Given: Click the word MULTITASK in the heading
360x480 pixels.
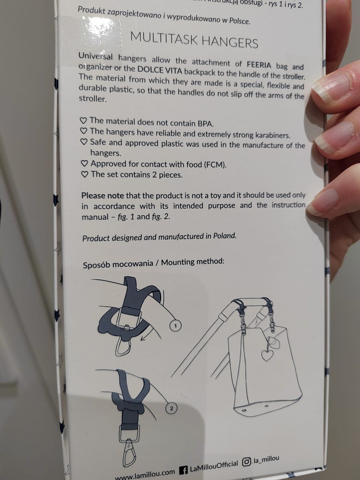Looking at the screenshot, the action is coord(163,39).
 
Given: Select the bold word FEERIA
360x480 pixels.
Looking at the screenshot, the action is coord(259,65).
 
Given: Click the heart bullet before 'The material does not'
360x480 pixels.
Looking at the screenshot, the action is coord(83,120).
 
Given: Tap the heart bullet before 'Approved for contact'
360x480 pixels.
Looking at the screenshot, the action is coord(84,163).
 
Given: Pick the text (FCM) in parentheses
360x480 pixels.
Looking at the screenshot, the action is coord(215,165).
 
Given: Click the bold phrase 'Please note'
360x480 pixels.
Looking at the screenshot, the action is coord(103,195).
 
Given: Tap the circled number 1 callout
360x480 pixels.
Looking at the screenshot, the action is coord(175,326).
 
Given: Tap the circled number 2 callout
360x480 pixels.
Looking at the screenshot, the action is coord(171,408).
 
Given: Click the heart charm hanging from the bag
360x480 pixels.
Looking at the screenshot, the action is coord(267,355).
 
